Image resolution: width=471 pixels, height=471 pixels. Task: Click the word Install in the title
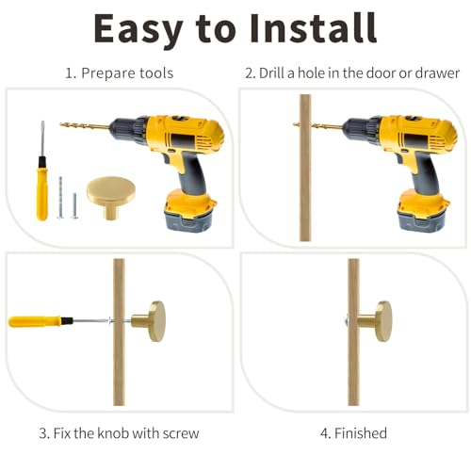314,28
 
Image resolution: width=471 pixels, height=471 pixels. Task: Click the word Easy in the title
138,31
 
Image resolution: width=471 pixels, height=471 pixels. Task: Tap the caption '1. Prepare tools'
120,73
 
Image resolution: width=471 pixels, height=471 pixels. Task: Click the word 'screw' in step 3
181,433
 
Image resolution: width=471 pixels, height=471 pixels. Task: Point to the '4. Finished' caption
353,433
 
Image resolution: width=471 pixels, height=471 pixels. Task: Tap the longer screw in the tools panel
60,198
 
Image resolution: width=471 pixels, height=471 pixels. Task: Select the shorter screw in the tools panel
74,205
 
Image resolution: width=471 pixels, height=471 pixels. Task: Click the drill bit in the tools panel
85,126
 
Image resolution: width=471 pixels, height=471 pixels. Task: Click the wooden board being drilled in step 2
305,168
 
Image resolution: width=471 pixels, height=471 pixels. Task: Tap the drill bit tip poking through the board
295,125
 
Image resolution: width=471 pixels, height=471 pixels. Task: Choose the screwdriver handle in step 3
35,321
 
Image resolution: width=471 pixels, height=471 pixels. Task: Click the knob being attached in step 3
148,321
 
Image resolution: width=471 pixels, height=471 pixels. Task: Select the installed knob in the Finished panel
375,321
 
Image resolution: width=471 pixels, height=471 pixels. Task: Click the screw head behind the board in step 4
346,321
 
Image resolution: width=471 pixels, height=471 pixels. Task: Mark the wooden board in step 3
119,332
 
